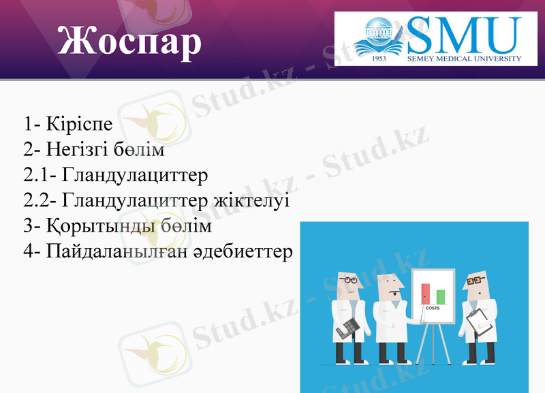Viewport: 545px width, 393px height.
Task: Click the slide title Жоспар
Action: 129,41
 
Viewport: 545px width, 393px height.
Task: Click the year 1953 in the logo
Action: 380,59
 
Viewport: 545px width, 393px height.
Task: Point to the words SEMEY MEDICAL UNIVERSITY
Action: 465,59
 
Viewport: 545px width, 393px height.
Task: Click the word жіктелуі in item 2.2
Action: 252,200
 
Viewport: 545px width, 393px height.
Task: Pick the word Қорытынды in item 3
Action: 102,226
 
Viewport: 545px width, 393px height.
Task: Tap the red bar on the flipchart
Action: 426,294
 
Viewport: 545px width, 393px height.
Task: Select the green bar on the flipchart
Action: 441,297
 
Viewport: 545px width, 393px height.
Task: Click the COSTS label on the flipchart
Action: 433,308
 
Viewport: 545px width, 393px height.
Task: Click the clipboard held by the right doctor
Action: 478,319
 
